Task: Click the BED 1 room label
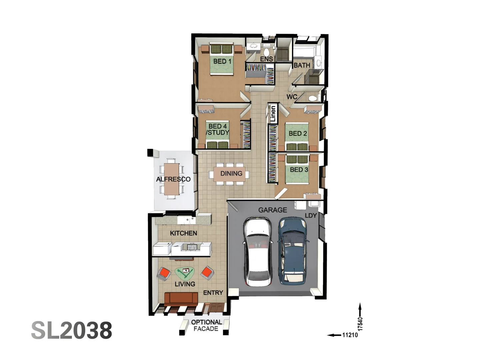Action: [x=222, y=61]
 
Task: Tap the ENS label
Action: [x=266, y=59]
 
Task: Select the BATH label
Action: [x=302, y=65]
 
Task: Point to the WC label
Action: [x=292, y=97]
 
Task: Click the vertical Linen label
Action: [x=273, y=114]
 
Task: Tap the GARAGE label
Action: [x=272, y=210]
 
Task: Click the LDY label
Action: [x=311, y=216]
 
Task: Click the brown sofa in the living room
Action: [x=181, y=298]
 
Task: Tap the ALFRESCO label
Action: [x=173, y=179]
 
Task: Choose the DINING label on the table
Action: [x=231, y=173]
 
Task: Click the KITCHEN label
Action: [x=183, y=233]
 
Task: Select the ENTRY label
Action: [x=213, y=293]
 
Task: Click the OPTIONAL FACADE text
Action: [x=206, y=325]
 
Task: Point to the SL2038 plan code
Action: [x=72, y=330]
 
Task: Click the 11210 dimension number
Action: [x=350, y=335]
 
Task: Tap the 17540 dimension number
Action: [x=360, y=324]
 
